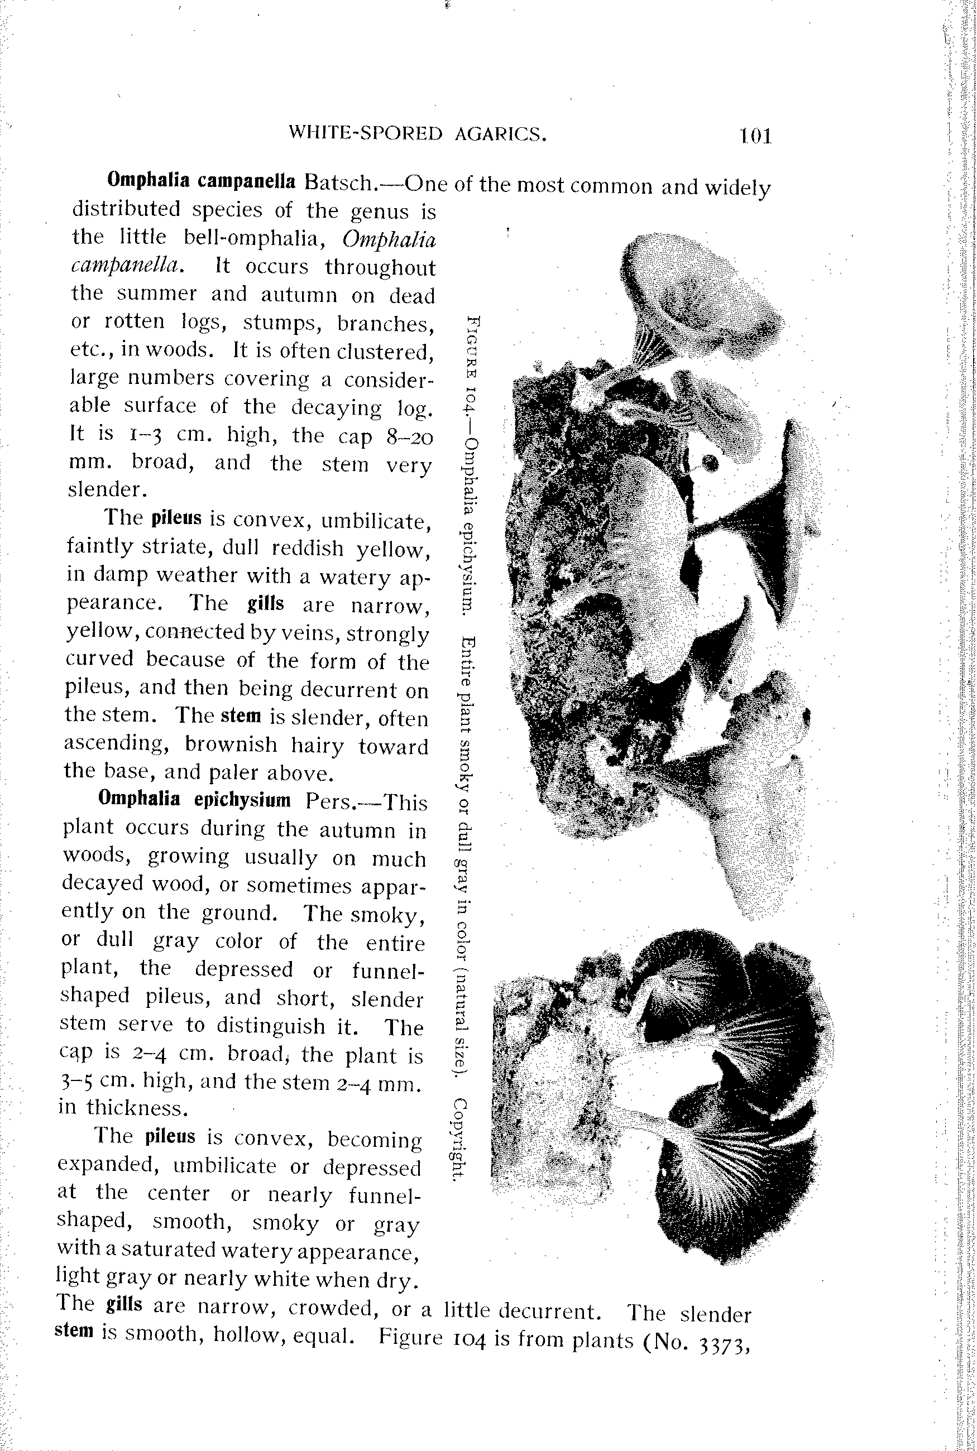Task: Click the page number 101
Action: [x=755, y=136]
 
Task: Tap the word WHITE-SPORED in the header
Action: [x=366, y=133]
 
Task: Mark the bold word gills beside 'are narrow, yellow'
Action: [x=265, y=603]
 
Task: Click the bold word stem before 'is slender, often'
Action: [x=241, y=715]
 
